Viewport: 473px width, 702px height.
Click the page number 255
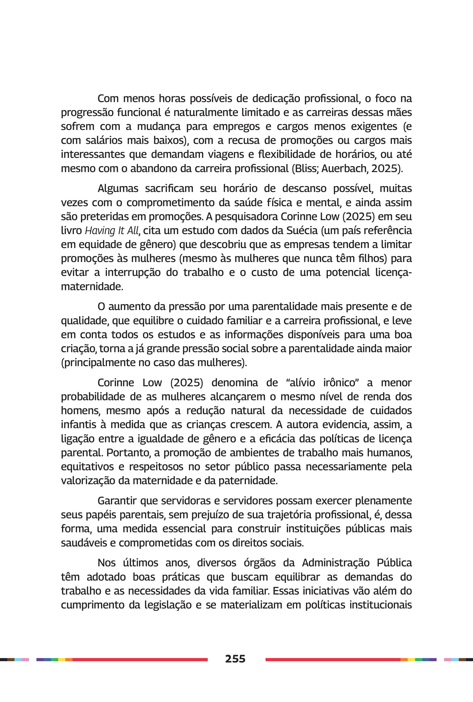point(235,659)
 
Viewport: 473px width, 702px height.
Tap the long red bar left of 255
point(140,659)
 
